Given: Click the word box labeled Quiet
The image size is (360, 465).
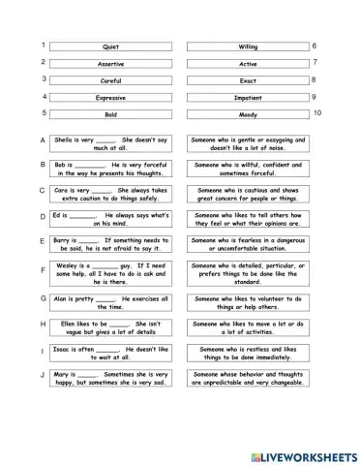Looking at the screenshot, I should (x=109, y=46).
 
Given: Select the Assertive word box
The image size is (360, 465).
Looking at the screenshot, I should (x=109, y=64).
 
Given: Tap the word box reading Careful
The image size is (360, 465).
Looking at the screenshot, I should (x=109, y=80).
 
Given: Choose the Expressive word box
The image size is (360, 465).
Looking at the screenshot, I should (x=109, y=98).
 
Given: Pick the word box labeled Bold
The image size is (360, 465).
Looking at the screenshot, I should (x=109, y=114).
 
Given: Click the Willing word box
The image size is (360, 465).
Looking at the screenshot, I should (x=248, y=46).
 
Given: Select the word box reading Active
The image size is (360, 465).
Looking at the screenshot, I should (x=248, y=64).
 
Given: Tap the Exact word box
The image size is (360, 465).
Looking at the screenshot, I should (x=248, y=80).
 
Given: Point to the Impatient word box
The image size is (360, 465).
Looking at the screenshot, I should (x=248, y=98).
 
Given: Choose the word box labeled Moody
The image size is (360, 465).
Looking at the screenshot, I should (x=248, y=114).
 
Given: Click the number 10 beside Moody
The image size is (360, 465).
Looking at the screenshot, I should (x=317, y=113).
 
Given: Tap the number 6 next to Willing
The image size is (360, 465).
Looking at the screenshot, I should (x=315, y=46).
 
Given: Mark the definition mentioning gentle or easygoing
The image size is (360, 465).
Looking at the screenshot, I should (x=250, y=144).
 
